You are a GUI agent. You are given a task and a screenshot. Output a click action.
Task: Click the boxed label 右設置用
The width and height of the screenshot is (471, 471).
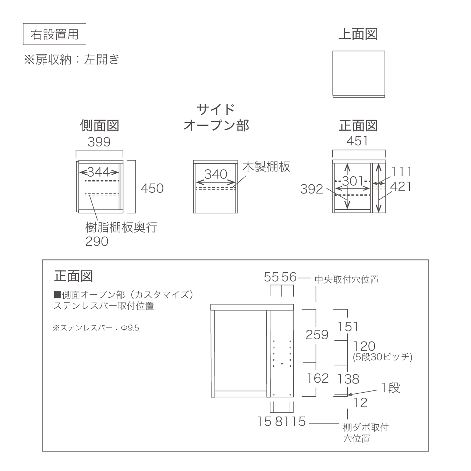point(54,34)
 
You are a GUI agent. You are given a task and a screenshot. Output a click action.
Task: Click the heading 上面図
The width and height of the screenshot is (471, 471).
point(358,34)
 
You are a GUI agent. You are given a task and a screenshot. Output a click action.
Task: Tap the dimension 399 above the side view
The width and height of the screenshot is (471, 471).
point(99,142)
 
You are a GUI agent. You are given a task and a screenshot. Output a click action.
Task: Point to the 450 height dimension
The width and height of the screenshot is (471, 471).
point(152,188)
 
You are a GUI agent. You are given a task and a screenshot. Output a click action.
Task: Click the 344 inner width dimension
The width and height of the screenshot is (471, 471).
point(99,172)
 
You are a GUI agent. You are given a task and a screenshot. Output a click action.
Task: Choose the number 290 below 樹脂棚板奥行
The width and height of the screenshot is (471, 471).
point(97,241)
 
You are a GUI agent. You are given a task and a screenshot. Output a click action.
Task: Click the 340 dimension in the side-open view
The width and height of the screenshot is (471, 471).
point(216,174)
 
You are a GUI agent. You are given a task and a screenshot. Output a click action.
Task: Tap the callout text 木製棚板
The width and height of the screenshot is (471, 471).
point(266,167)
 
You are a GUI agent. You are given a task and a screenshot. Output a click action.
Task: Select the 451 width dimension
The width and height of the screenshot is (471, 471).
point(357,141)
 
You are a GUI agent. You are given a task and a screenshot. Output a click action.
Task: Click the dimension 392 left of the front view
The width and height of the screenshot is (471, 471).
point(312,189)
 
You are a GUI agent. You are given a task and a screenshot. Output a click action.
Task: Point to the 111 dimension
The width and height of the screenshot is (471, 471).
point(401,172)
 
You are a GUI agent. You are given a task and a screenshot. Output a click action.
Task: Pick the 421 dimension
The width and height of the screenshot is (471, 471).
point(401,187)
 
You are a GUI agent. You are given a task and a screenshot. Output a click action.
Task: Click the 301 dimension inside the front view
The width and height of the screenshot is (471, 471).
point(353,181)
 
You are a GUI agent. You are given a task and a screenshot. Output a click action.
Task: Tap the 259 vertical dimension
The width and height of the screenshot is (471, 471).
point(317,335)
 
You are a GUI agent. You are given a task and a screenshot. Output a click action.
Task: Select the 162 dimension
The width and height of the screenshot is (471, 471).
point(318,378)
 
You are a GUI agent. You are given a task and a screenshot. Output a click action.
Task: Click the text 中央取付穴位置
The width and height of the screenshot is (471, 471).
point(347,279)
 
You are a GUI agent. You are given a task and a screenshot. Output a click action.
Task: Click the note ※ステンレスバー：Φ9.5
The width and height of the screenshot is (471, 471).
point(96,328)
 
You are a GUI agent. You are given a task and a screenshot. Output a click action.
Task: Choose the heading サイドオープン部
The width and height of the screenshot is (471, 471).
point(216,118)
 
